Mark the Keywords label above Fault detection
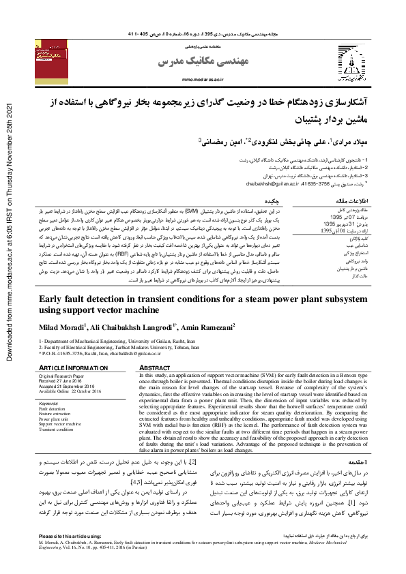click(49, 403)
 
